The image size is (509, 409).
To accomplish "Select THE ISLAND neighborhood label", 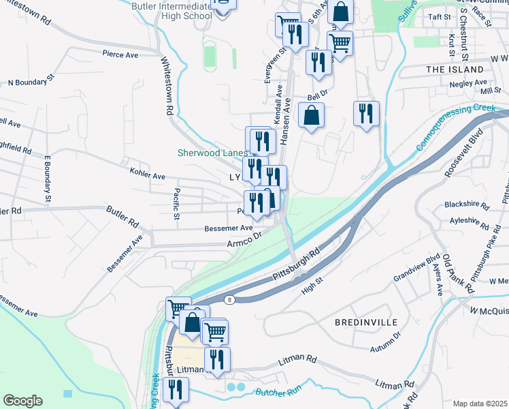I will click(x=453, y=70).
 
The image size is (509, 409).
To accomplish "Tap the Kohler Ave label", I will click(x=148, y=176).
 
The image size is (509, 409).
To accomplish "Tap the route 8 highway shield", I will click(x=231, y=301).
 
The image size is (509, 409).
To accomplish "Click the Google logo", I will click(x=22, y=401).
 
